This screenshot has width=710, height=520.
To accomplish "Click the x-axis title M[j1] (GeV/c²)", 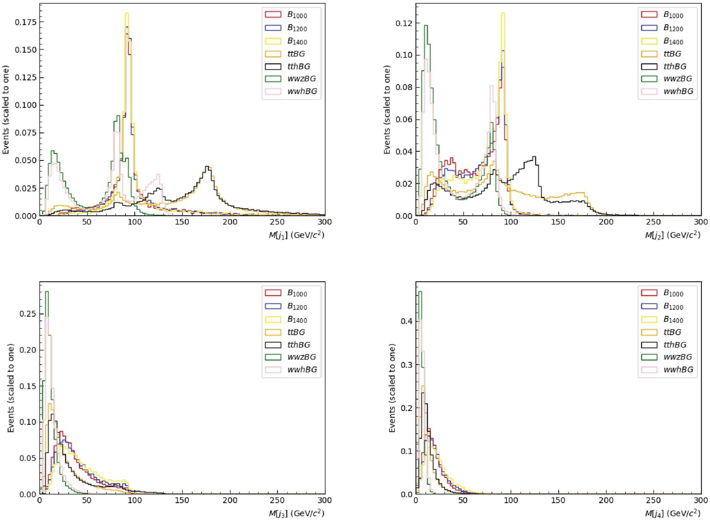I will pos(296,235).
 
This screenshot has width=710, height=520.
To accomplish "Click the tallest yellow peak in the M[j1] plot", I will pos(127,14).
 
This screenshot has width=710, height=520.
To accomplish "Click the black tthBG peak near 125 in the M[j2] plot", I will pos(534,157).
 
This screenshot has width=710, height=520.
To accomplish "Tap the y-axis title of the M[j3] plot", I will pos(11,389).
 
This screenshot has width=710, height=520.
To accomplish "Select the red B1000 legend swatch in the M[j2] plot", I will pos(649,15).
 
